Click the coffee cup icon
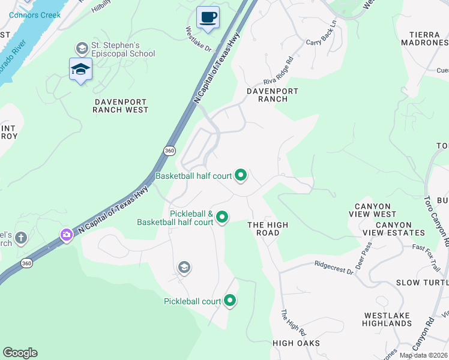pyautogui.click(x=208, y=17)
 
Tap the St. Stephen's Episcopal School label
pyautogui.click(x=122, y=49)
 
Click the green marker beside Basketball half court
pyautogui.click(x=241, y=175)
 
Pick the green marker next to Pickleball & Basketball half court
pyautogui.click(x=222, y=217)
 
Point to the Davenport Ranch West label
pyautogui.click(x=121, y=106)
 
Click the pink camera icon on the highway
pyautogui.click(x=66, y=235)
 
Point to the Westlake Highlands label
pyautogui.click(x=387, y=319)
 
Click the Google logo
pyautogui.click(x=20, y=353)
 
